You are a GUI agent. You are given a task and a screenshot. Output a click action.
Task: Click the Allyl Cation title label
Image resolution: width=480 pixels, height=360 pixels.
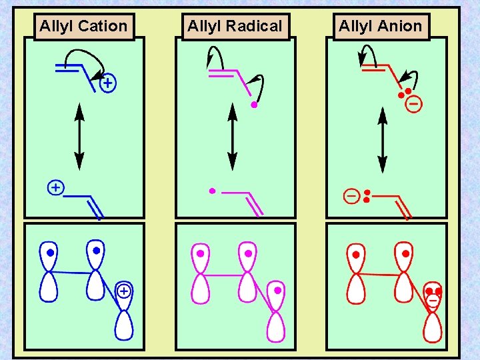pyautogui.click(x=83, y=27)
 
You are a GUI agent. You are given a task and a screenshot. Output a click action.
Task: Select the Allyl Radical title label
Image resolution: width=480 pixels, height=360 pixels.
pyautogui.click(x=235, y=27)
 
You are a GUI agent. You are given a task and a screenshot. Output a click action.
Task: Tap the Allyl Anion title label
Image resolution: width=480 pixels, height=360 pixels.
pyautogui.click(x=381, y=27)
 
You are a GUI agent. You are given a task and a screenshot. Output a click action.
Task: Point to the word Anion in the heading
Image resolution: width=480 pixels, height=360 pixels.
pyautogui.click(x=401, y=27)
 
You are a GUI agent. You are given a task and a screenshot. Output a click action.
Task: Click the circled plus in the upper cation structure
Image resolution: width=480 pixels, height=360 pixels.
pyautogui.click(x=107, y=84)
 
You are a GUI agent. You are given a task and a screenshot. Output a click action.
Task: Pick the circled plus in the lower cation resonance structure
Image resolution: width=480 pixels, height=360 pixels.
pyautogui.click(x=56, y=188)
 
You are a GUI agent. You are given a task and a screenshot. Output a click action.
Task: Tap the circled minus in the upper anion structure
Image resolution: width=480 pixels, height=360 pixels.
pyautogui.click(x=414, y=105)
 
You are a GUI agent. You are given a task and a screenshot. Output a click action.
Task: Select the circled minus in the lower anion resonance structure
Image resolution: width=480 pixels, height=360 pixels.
pyautogui.click(x=351, y=196)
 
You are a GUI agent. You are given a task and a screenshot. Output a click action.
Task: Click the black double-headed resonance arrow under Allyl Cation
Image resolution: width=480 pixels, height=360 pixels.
pyautogui.click(x=79, y=137)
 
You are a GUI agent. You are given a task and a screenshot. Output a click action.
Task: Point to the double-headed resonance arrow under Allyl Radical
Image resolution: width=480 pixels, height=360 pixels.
pyautogui.click(x=232, y=137)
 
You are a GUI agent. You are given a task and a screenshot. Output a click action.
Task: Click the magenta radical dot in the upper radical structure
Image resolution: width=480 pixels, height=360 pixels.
pyautogui.click(x=254, y=105)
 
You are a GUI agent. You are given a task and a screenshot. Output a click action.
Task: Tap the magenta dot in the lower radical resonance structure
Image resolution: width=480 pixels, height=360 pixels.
pyautogui.click(x=212, y=191)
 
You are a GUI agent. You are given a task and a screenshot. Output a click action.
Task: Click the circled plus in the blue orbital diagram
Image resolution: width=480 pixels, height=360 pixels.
pyautogui.click(x=123, y=291)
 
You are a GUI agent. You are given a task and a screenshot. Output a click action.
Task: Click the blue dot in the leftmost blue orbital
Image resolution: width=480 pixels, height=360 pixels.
pyautogui.click(x=50, y=253)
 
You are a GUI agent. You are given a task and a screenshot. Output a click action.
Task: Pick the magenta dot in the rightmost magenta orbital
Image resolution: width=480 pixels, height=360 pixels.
pyautogui.click(x=277, y=291)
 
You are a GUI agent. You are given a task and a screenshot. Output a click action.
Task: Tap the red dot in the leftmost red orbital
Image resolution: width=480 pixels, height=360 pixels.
pyautogui.click(x=355, y=254)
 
